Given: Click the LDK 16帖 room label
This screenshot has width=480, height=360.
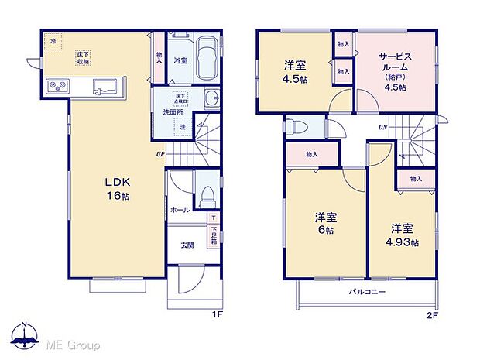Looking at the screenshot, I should click(x=118, y=187).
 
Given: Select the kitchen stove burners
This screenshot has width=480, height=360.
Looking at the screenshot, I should click(x=57, y=85).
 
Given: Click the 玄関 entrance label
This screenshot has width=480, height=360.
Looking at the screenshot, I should click(x=188, y=245).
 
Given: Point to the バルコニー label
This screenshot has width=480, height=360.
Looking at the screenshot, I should click(x=366, y=292).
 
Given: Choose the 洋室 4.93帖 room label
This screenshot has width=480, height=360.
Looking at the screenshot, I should click(x=403, y=235).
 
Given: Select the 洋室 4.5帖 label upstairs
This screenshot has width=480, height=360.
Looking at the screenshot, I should click(x=295, y=72).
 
